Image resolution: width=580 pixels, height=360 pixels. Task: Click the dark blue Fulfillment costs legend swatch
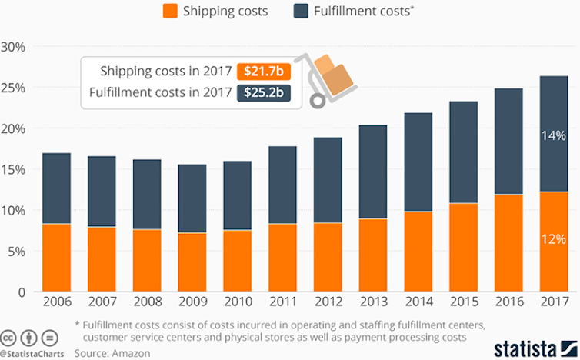302,11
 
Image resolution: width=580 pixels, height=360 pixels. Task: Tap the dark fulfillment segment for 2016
506,142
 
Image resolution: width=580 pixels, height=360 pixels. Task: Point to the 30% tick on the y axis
14,47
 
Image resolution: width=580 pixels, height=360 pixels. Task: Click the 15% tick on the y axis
14,169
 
